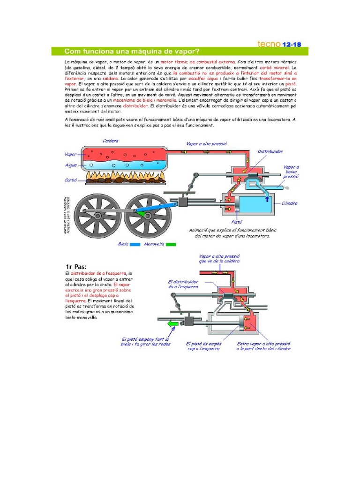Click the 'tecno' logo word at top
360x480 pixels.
click(x=269, y=44)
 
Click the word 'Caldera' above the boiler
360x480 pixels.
click(x=111, y=141)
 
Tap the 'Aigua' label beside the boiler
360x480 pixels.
click(x=71, y=165)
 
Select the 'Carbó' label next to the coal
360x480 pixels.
click(x=71, y=180)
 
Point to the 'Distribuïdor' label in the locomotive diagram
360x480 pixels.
click(x=270, y=152)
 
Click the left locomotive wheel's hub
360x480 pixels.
click(x=97, y=215)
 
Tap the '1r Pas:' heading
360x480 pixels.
click(x=76, y=266)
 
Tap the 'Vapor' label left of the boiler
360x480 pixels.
click(x=71, y=154)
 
